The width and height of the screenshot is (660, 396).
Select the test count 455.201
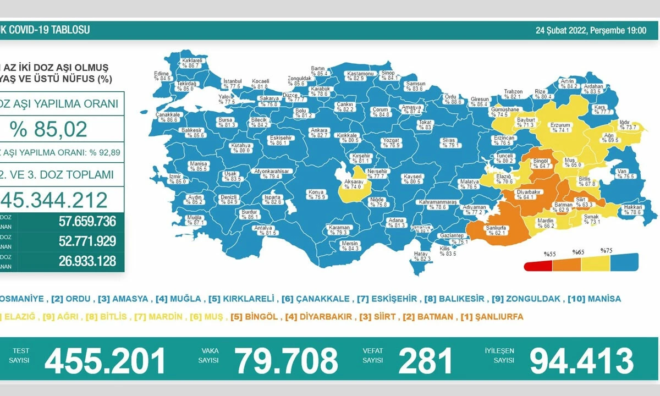(x=105, y=361)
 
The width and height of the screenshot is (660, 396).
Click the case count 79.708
(x=286, y=361)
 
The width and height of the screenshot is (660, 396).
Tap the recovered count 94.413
(x=581, y=361)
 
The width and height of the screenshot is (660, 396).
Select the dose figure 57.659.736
(x=87, y=222)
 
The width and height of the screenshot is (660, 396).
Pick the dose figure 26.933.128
(x=87, y=261)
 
